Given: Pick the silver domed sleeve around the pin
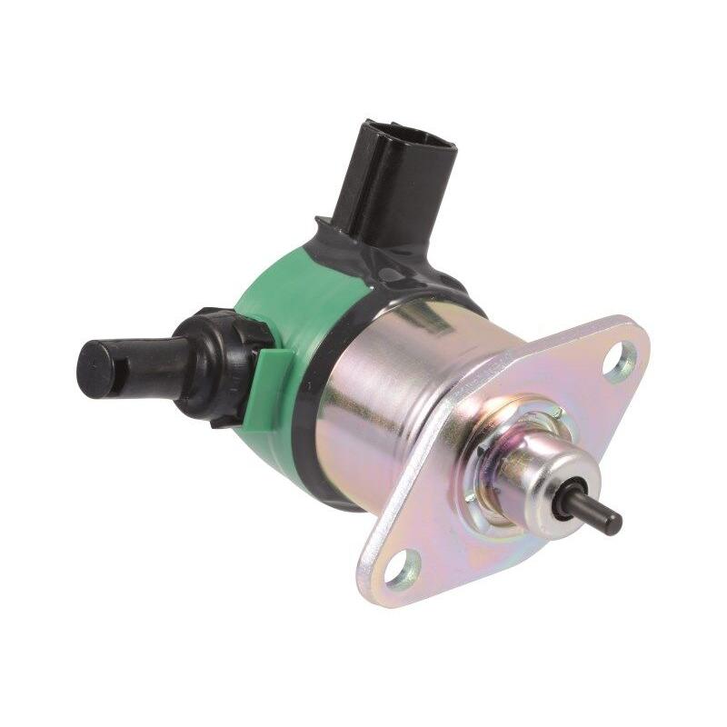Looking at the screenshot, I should (x=536, y=473).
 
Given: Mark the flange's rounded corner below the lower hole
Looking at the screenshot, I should (x=382, y=591).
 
